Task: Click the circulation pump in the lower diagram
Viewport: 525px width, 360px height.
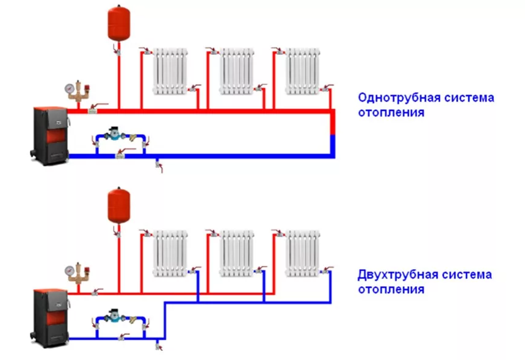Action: pyautogui.click(x=114, y=317)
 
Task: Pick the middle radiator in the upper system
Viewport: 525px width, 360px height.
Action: pyautogui.click(x=236, y=71)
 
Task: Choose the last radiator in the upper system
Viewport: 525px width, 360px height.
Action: pyautogui.click(x=303, y=71)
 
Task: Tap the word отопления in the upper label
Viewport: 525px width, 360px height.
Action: pyautogui.click(x=391, y=113)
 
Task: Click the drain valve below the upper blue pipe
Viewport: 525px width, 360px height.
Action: pyautogui.click(x=159, y=165)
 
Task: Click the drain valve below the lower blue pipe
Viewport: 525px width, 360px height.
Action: pyautogui.click(x=159, y=347)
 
